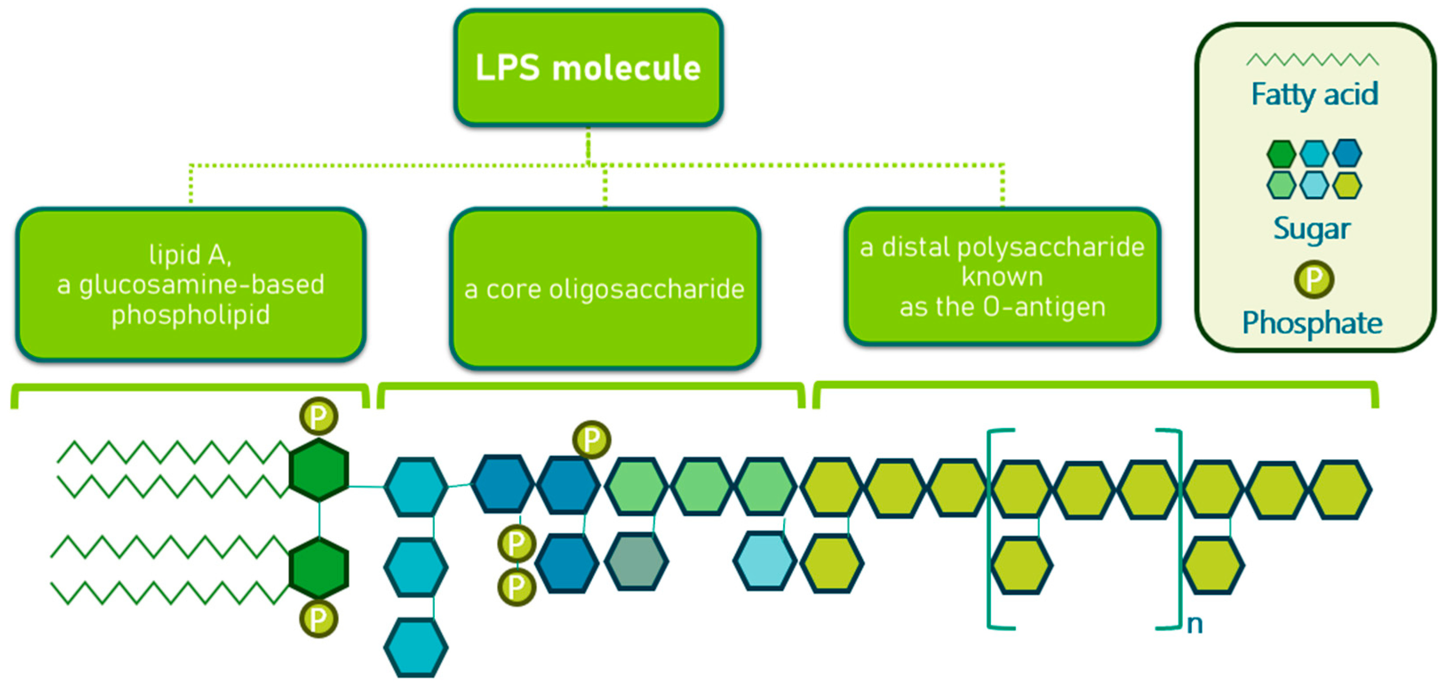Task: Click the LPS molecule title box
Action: coord(588,67)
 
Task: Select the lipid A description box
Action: coord(191,284)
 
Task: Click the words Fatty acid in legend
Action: coord(1314,94)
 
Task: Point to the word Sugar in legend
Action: coord(1312,228)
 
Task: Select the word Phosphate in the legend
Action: coord(1312,323)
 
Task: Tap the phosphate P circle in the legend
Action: coord(1313,279)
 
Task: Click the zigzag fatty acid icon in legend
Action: coord(1312,60)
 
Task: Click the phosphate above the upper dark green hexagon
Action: coord(318,416)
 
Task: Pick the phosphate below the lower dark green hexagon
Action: coord(318,619)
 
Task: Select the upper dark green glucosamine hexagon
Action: coord(319,470)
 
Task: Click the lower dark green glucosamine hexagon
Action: coord(319,568)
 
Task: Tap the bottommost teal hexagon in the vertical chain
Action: coord(416,647)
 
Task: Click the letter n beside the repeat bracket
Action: coord(1194,624)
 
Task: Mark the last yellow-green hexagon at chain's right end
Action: coord(1341,489)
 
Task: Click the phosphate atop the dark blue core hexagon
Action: coord(591,440)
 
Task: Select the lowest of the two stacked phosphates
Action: coord(516,587)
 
